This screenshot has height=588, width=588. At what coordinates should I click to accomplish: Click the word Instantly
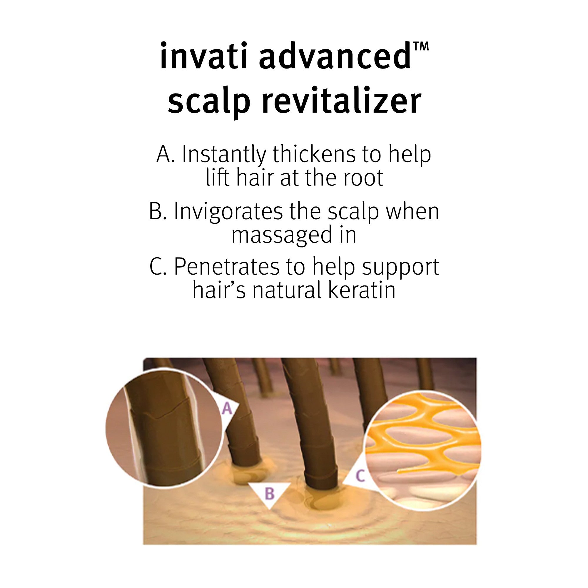[224, 155]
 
